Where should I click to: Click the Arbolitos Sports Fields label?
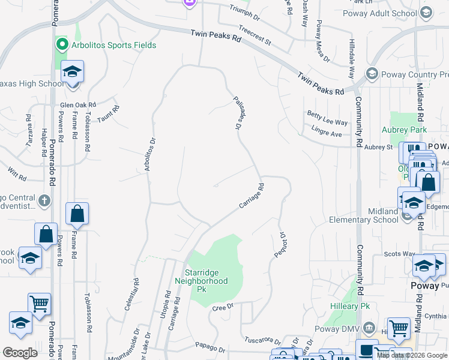coord(112,45)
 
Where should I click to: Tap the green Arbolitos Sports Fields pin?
coord(61,44)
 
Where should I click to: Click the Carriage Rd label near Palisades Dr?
coord(252,196)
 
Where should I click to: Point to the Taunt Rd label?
coord(109,113)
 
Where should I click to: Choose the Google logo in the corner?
coord(20,352)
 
